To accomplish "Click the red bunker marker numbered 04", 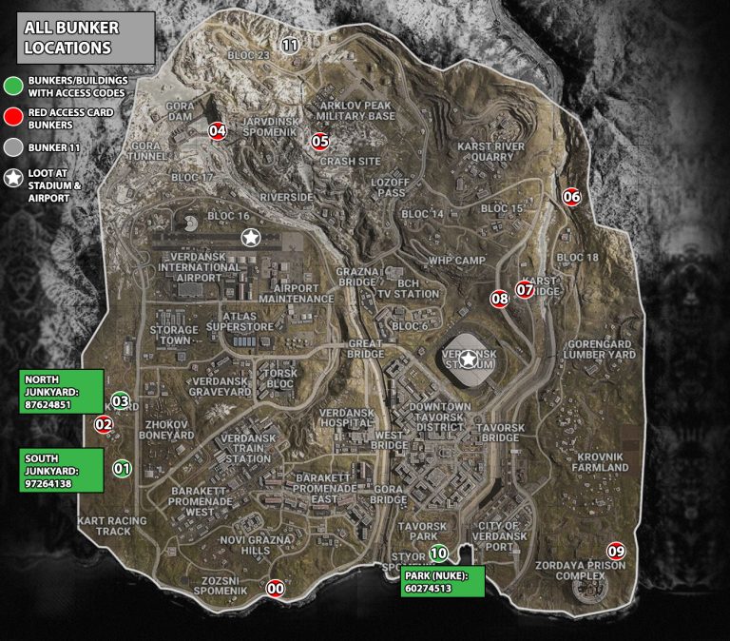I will (218, 131).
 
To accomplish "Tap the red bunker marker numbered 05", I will (320, 142).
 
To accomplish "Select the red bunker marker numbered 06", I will (571, 197).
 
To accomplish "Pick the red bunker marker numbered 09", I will (617, 551).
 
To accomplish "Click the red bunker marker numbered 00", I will (276, 588).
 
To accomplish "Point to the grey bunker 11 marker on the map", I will (290, 44).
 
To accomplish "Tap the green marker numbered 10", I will (438, 553).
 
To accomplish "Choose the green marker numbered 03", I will (121, 400).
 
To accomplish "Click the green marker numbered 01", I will (122, 468).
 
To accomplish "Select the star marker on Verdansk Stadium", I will (469, 359).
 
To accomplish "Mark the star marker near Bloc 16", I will (250, 237).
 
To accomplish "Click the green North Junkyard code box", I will (62, 391).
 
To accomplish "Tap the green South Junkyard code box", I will (62, 470).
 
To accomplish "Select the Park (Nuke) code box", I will (443, 582).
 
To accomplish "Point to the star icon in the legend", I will (12, 178).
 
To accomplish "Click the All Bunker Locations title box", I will (85, 38).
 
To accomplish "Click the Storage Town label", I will (173, 335).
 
